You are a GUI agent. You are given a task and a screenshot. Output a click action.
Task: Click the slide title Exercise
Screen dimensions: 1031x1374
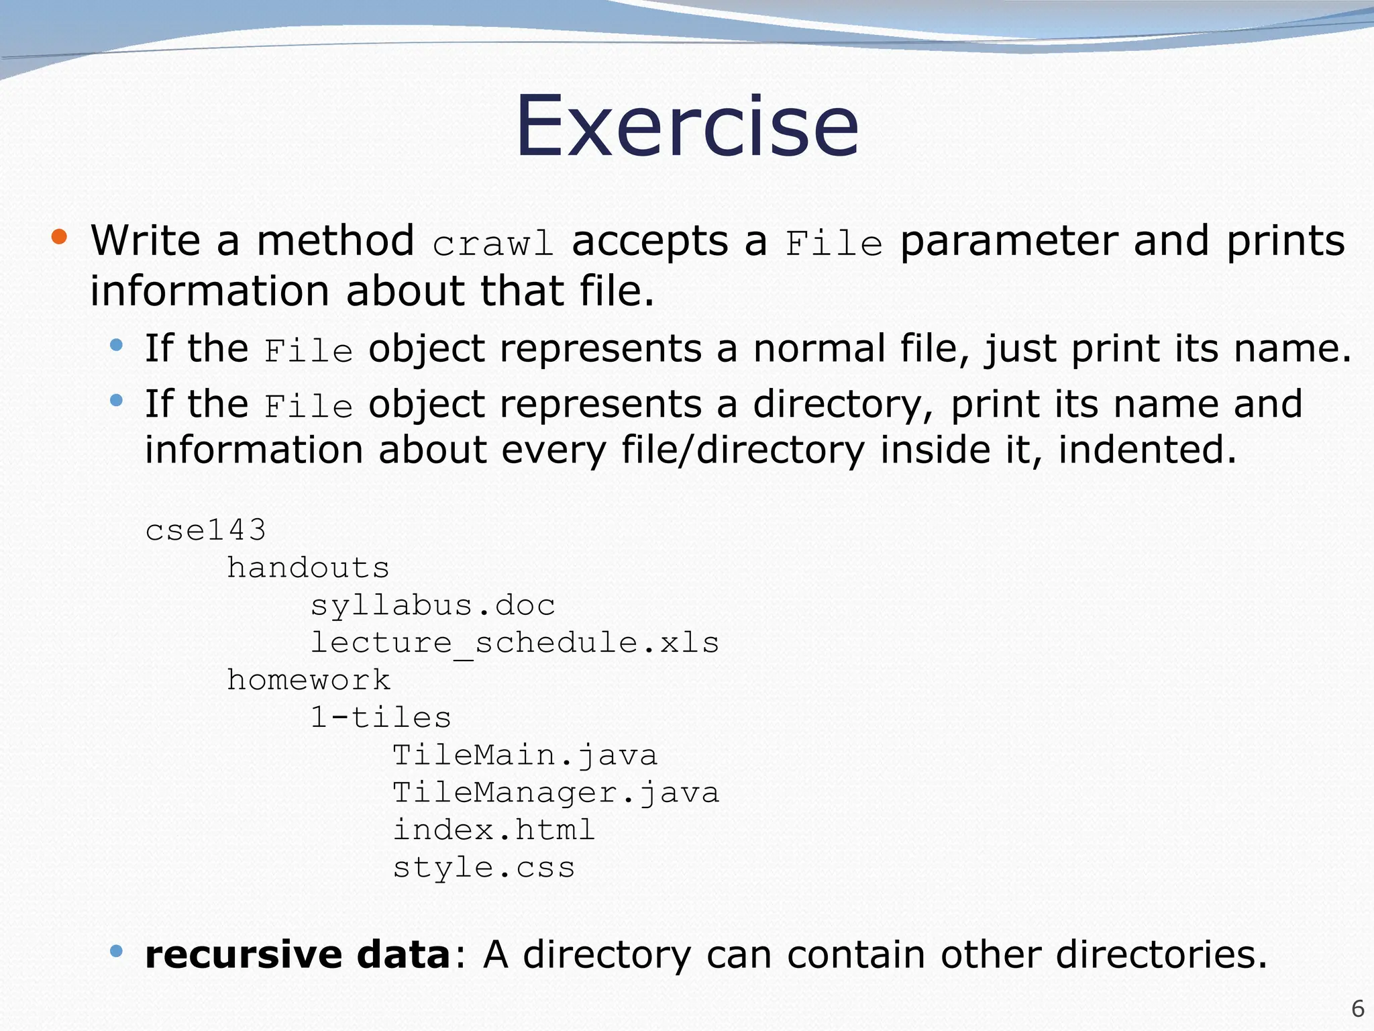[686, 128]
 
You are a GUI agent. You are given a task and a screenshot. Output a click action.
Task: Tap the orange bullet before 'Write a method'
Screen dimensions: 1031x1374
[60, 236]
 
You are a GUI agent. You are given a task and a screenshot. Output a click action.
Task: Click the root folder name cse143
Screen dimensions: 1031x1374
[206, 530]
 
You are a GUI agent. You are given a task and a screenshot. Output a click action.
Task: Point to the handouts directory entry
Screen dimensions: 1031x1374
[308, 568]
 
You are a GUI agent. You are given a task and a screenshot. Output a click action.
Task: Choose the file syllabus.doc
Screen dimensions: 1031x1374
[433, 606]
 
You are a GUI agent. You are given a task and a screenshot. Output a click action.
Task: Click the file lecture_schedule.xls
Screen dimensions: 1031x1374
[515, 643]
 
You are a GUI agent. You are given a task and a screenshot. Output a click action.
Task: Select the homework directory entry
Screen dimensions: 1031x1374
[308, 681]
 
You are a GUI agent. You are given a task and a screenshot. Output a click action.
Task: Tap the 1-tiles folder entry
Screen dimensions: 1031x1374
[380, 718]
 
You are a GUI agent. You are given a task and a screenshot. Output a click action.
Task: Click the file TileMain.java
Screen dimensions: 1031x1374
[525, 756]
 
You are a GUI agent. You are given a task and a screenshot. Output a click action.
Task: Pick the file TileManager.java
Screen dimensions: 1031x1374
[556, 793]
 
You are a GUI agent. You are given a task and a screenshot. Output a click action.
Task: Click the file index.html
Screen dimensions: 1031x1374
[494, 830]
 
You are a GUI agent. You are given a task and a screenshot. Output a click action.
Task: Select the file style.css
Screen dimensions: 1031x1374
[484, 868]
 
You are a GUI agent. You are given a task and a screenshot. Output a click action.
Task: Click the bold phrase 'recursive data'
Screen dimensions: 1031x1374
[297, 954]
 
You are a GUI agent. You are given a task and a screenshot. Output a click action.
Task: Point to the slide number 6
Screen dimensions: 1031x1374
[1357, 1009]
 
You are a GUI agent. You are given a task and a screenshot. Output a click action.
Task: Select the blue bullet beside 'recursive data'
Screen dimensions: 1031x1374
[117, 950]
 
